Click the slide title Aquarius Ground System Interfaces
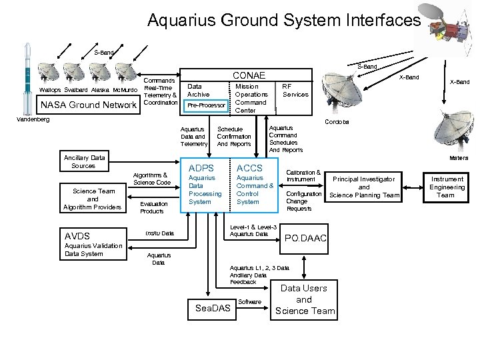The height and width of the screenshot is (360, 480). [284, 21]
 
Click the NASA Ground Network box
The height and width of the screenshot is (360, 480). [89, 105]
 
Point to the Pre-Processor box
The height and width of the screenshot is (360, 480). [206, 105]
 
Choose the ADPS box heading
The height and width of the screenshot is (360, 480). [202, 168]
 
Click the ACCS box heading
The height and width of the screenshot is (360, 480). [250, 168]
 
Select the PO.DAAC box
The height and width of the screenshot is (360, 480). [305, 238]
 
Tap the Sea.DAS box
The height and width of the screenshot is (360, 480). [212, 309]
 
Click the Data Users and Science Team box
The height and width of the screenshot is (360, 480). [304, 299]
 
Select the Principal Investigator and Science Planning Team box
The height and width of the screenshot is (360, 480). [364, 187]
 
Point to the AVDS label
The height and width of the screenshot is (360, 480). [78, 236]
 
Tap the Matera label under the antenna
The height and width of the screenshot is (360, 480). [458, 158]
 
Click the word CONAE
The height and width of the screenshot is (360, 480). [249, 75]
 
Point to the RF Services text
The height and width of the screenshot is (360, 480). [295, 90]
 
